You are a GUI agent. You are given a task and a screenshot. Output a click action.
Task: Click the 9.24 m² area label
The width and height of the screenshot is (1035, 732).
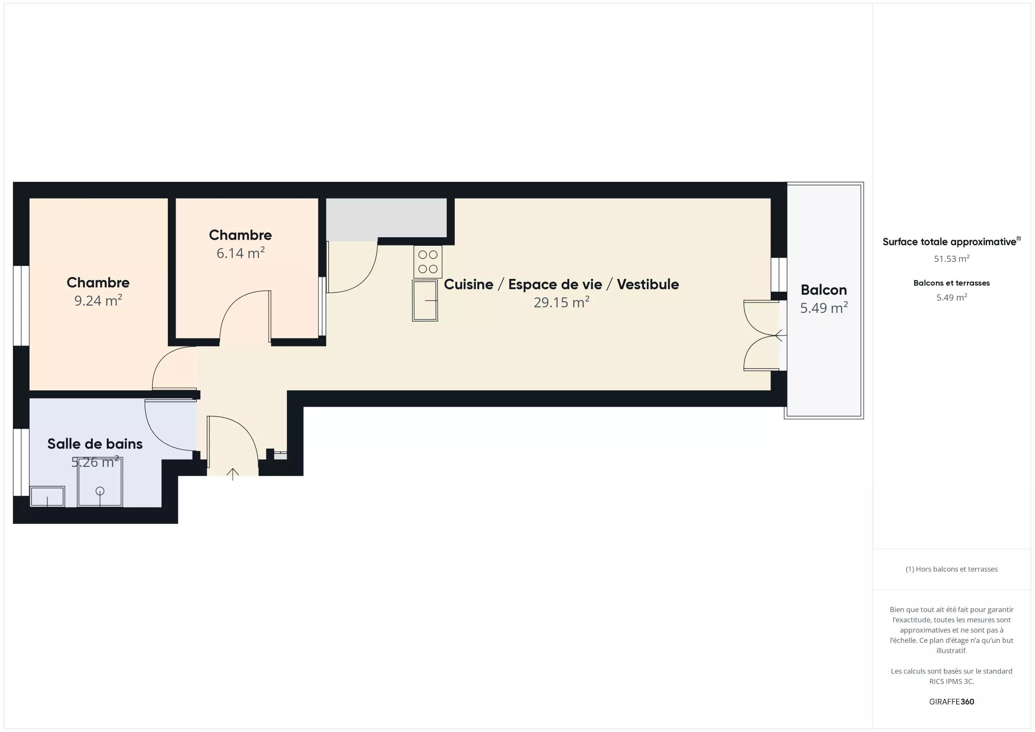click(98, 300)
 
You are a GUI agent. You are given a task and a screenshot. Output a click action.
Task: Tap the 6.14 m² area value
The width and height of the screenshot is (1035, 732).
click(240, 253)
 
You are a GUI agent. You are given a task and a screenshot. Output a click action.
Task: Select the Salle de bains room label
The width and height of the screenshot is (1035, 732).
click(95, 444)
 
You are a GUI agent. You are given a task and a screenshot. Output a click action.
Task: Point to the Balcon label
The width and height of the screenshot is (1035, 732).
click(824, 290)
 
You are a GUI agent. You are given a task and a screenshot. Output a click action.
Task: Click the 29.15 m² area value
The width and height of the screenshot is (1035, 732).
click(561, 302)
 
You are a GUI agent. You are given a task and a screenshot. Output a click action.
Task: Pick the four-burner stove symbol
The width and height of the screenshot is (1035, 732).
click(428, 262)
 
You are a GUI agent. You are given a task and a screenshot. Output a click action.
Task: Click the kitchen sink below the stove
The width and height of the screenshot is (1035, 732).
click(425, 301)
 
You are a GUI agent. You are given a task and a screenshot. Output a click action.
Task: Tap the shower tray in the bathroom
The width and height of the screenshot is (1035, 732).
click(100, 482)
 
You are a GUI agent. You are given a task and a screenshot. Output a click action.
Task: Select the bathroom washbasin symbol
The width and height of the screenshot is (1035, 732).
click(47, 497)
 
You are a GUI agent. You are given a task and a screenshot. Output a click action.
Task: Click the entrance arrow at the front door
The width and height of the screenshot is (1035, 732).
click(232, 474)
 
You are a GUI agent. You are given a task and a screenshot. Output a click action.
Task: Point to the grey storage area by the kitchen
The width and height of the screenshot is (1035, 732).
click(387, 219)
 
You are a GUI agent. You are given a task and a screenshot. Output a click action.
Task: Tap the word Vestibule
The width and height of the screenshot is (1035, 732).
click(648, 285)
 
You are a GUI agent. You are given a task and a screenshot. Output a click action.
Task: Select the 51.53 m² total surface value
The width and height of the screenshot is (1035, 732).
click(952, 259)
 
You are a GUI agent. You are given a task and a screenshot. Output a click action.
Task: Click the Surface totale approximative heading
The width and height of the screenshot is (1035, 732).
click(951, 242)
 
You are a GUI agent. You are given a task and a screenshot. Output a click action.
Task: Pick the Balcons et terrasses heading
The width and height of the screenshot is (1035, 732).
click(952, 283)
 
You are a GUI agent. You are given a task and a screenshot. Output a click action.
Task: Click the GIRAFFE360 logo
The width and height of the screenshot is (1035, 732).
click(952, 702)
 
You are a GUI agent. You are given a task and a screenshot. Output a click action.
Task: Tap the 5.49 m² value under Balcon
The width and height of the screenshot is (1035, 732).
click(824, 308)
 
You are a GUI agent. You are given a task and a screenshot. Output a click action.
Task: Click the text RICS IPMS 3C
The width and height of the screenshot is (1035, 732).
click(952, 681)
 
